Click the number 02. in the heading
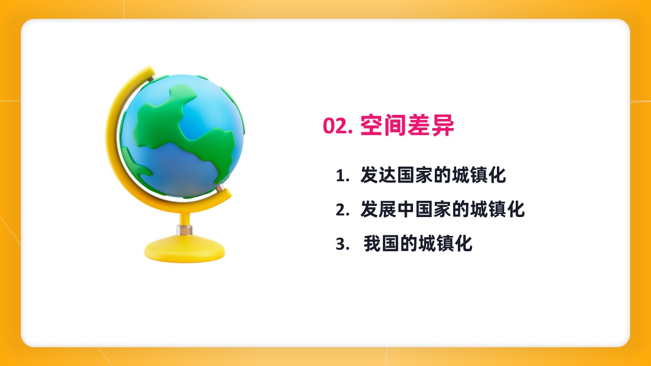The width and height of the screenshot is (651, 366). coord(338,126)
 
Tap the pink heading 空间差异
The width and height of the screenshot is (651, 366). coord(407,126)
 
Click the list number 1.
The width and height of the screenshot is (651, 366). coord(342,176)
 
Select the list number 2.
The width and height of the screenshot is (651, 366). coord(342,210)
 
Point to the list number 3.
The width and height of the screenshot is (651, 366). coord(342,243)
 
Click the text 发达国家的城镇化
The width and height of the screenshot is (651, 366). coord(433,175)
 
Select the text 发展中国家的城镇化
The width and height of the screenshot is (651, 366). coord(442,209)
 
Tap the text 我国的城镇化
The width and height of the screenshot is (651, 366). coord(418,243)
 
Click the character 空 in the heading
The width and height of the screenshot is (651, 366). coord(371,126)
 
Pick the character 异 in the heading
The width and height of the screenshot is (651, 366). coord(443,126)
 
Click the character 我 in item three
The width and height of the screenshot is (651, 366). coord(372,243)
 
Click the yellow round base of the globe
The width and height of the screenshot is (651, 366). coord(185,250)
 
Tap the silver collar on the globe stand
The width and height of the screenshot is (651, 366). coord(184,230)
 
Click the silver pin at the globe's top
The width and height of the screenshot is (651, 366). coord(152,78)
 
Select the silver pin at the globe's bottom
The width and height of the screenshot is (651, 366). coord(220,188)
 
